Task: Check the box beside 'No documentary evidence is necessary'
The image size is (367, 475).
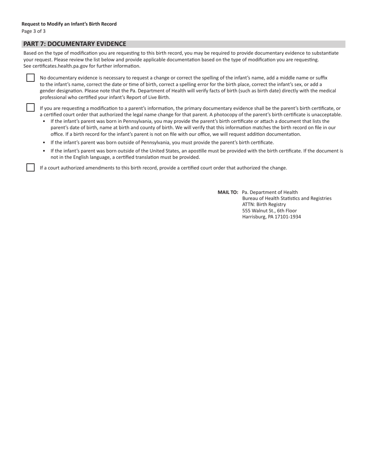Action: [31, 78]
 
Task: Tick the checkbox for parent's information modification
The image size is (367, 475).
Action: [31, 107]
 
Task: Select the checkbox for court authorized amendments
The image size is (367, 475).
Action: [31, 168]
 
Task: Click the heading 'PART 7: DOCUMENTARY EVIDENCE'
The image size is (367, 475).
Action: [75, 44]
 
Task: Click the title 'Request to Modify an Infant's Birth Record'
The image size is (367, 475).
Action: [69, 24]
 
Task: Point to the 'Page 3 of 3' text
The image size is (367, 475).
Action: [34, 31]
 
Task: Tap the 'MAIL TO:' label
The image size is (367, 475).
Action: [228, 192]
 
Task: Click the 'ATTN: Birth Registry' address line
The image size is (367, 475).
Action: [264, 204]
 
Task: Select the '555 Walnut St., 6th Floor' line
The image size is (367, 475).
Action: [269, 210]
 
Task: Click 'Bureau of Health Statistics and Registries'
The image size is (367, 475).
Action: [287, 198]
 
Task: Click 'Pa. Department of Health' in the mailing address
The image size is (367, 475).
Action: [270, 192]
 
